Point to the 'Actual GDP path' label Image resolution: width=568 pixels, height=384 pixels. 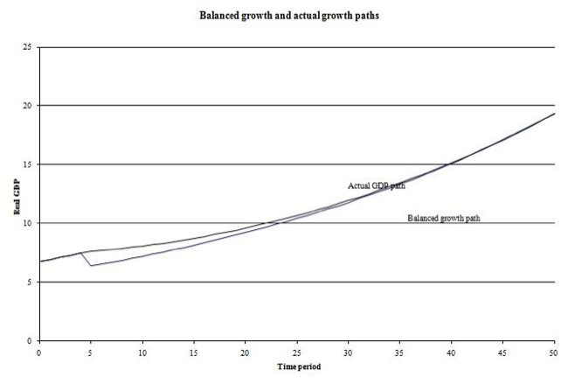(377, 185)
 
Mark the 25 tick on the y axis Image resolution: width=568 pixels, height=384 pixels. (28, 46)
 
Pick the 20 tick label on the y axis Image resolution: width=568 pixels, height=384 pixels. (28, 105)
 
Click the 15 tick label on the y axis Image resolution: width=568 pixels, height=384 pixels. (28, 164)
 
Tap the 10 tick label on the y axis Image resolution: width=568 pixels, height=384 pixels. (28, 223)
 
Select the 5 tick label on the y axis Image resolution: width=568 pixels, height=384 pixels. (31, 282)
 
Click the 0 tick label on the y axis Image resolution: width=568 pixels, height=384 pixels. (31, 340)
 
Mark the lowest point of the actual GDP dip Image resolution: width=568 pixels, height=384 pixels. (91, 265)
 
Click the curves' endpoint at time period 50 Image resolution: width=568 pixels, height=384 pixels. (555, 113)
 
